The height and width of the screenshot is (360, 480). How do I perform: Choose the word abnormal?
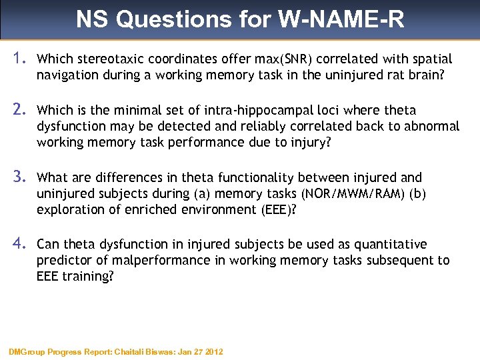[x=429, y=126]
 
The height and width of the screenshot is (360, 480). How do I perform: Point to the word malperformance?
[x=140, y=260]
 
